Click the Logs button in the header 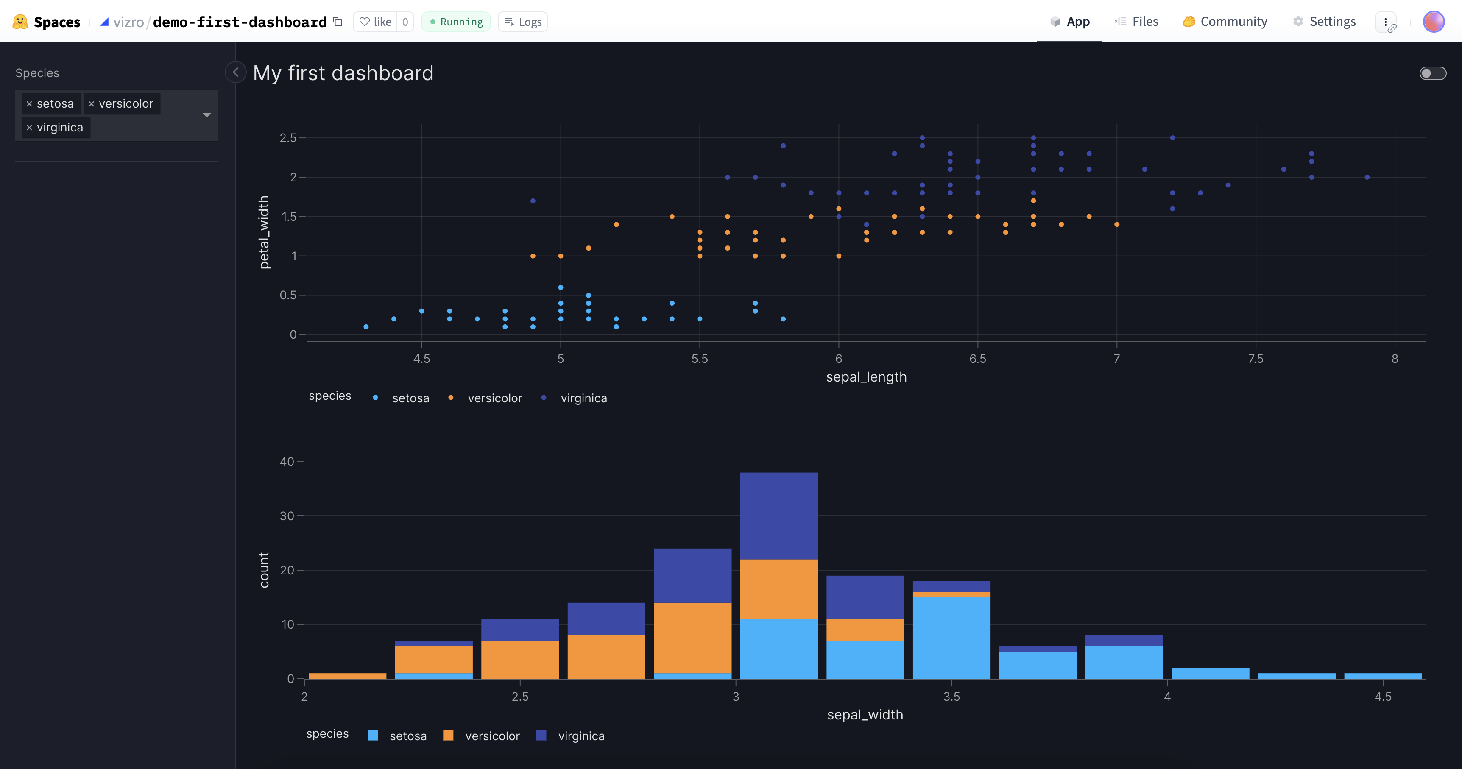[523, 22]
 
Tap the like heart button [375, 22]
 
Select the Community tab [1225, 22]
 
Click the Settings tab [1324, 22]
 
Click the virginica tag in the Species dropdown [60, 127]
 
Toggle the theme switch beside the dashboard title [1432, 73]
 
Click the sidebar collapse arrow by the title [235, 72]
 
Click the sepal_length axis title [866, 377]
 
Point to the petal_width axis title [264, 232]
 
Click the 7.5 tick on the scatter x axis [1256, 359]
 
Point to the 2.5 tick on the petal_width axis [288, 138]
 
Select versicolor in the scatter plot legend [494, 398]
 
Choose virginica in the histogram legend [580, 736]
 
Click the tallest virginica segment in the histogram [778, 515]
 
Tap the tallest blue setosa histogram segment [951, 637]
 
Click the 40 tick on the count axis [287, 461]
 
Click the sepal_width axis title [865, 714]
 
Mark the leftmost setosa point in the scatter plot [366, 327]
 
